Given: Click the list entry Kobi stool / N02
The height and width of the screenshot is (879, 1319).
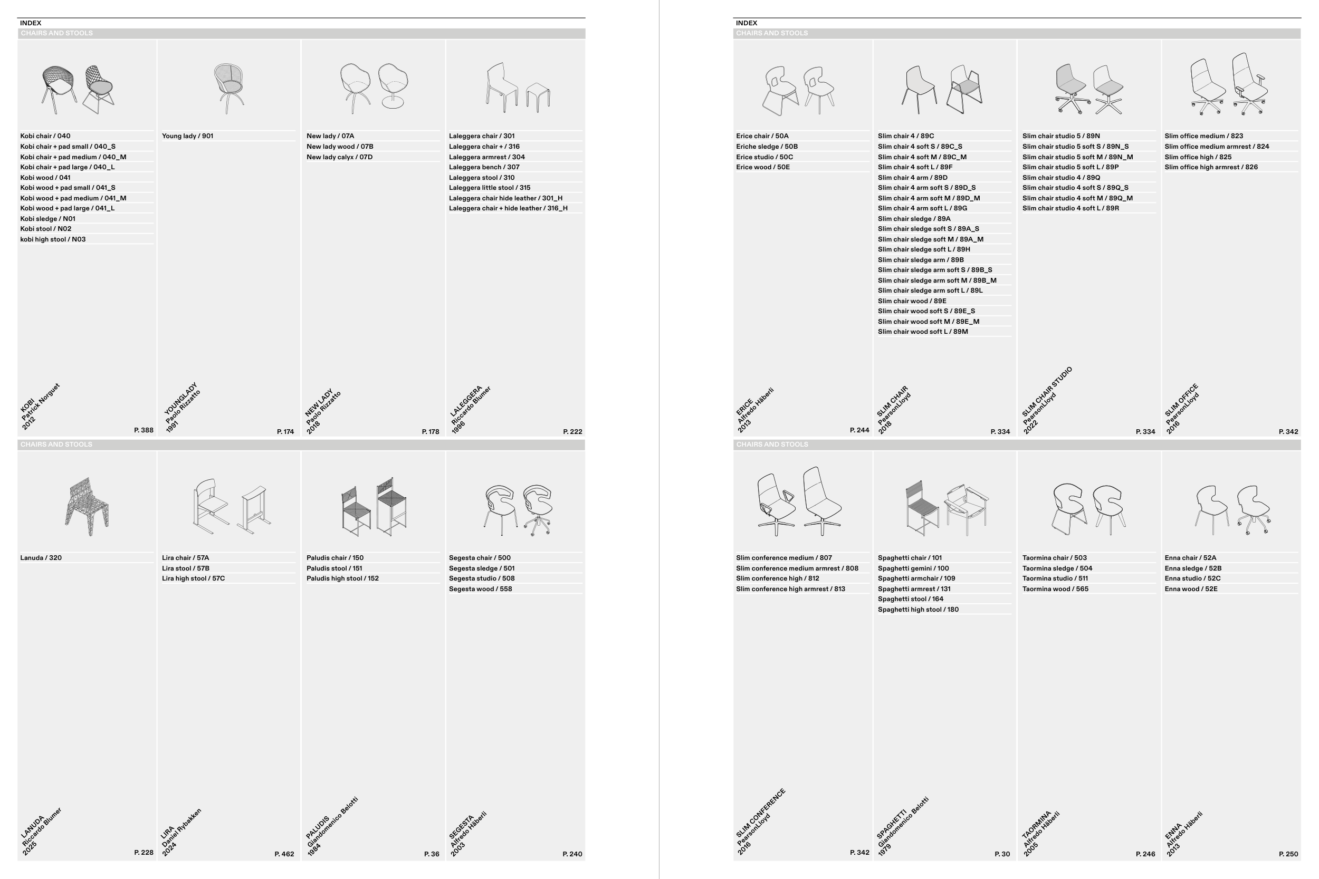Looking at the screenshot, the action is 45,229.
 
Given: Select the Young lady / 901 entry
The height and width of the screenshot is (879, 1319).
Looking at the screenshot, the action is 187,136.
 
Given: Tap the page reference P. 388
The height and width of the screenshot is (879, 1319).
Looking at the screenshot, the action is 144,430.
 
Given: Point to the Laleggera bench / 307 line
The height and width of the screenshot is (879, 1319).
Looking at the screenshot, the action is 484,167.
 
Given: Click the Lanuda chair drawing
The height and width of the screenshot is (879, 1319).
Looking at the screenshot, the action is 87,506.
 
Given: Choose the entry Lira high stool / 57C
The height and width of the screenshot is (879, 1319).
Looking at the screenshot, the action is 194,578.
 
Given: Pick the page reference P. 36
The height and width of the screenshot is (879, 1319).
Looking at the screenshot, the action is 432,854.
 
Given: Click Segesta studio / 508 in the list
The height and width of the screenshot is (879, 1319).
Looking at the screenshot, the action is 482,578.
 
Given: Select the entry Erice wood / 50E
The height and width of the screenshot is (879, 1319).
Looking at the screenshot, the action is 763,167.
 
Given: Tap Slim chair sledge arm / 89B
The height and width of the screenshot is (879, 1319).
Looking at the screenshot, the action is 921,259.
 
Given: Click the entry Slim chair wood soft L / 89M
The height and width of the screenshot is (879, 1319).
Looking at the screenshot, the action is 923,332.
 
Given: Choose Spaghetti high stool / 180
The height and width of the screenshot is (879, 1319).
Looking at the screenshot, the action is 918,610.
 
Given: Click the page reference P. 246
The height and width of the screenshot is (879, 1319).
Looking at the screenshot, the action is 1145,854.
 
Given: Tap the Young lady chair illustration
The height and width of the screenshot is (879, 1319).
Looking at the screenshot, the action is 228,88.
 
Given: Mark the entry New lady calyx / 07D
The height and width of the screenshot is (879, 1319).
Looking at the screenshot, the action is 339,157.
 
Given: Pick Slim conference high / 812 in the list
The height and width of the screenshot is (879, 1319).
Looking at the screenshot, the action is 777,578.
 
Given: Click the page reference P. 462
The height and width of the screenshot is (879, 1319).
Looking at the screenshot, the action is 284,854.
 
